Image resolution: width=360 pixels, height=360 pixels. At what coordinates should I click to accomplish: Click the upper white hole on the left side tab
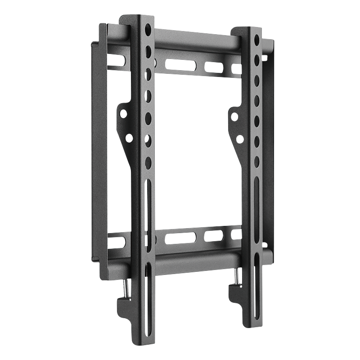coord(123,114)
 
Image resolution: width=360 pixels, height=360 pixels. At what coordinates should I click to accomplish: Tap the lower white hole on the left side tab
coord(129,138)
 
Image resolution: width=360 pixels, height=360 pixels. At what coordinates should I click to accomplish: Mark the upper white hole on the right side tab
coord(234,117)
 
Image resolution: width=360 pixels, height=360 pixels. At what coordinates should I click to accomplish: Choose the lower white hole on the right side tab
coord(240,139)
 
